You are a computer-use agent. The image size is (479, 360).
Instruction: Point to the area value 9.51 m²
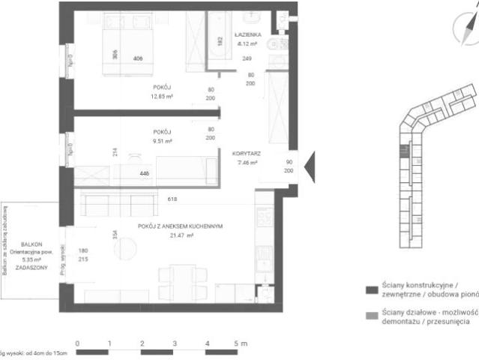point(163,140)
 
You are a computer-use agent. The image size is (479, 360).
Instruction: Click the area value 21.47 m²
point(181,235)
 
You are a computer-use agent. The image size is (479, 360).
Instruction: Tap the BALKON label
point(31,244)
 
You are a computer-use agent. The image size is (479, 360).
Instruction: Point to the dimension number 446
point(144,173)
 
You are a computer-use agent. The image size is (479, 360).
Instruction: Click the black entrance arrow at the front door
point(308,166)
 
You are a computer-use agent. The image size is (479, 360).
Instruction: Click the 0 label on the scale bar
point(77,343)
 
